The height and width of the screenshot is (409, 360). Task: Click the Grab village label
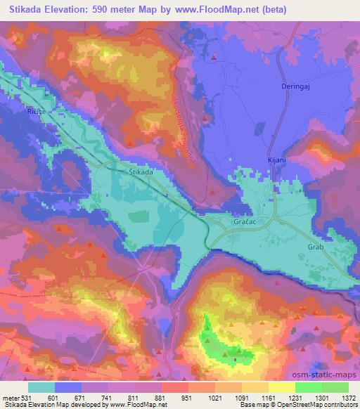pyautogui.click(x=316, y=247)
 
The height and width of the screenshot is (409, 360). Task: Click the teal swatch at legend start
pyautogui.click(x=41, y=387)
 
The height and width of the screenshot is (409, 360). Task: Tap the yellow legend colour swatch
pyautogui.click(x=281, y=387)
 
